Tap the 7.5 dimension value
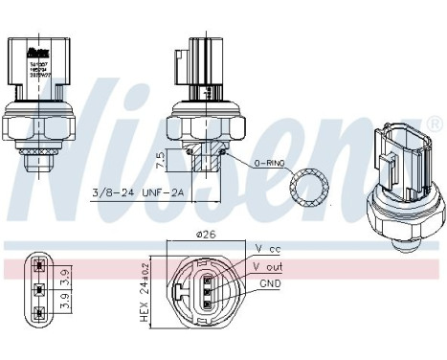pyautogui.click(x=160, y=157)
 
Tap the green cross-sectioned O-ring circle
pyautogui.click(x=307, y=186)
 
